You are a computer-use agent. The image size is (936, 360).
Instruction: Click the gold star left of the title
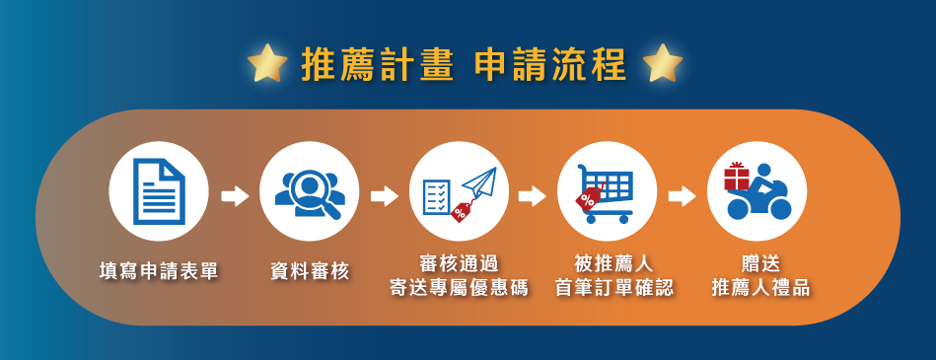click(267, 63)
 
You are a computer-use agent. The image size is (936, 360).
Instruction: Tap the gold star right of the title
click(663, 63)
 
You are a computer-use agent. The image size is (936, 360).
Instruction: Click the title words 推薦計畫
click(378, 63)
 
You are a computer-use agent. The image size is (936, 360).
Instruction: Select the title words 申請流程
click(549, 63)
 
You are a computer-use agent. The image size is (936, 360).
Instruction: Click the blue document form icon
click(159, 191)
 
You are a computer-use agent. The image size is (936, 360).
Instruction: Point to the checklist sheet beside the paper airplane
click(436, 197)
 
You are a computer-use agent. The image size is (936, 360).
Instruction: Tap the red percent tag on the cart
click(588, 199)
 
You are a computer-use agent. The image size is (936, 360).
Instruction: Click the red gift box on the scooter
click(736, 178)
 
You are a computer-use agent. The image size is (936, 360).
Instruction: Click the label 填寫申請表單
click(159, 272)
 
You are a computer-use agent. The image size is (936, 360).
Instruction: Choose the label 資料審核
click(310, 272)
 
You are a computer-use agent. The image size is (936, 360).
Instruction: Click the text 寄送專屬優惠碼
click(459, 288)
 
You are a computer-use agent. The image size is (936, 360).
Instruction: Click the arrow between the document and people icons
click(235, 196)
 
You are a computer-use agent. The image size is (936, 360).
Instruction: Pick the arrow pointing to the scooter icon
click(682, 196)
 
